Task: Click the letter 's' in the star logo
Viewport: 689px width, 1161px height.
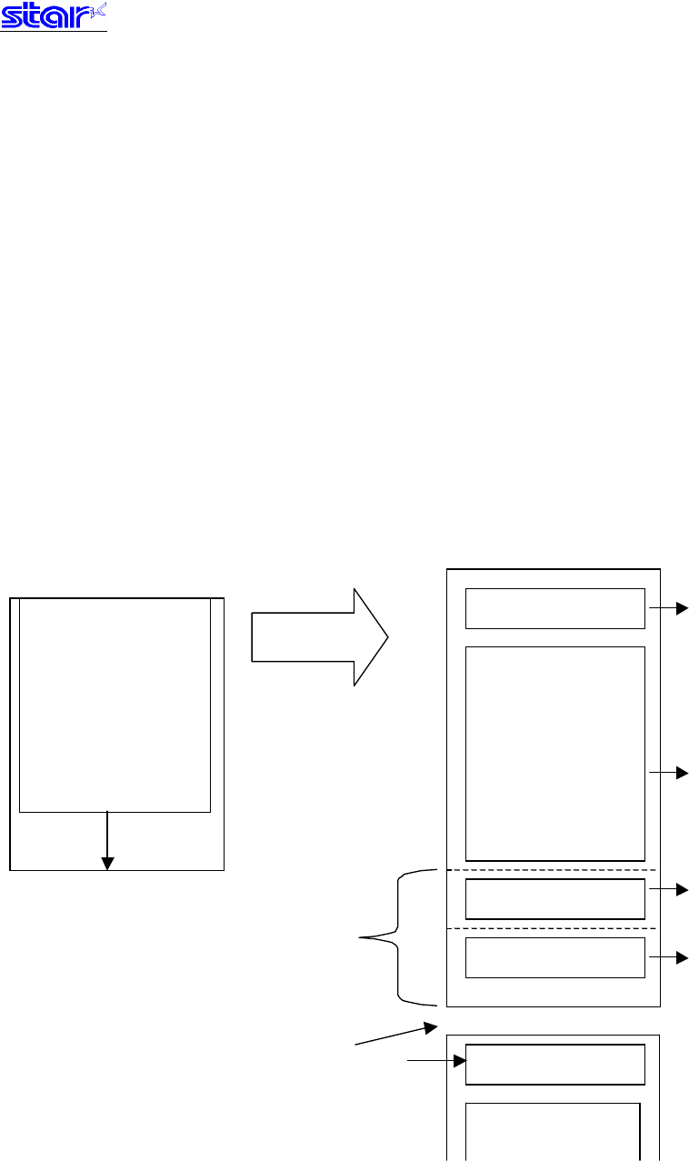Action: [12, 19]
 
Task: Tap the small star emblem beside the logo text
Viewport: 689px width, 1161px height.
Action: [97, 12]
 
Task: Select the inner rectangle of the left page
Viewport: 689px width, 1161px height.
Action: [115, 704]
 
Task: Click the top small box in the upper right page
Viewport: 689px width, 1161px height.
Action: [554, 608]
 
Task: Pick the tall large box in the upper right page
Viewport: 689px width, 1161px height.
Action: [554, 753]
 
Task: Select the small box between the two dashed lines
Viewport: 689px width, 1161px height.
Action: [554, 899]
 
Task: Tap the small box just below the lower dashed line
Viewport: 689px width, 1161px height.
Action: [554, 957]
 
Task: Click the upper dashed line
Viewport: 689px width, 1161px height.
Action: [553, 870]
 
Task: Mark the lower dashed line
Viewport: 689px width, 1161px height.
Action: [553, 928]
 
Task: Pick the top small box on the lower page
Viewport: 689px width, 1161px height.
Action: [554, 1065]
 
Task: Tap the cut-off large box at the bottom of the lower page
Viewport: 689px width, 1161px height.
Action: [553, 1132]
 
